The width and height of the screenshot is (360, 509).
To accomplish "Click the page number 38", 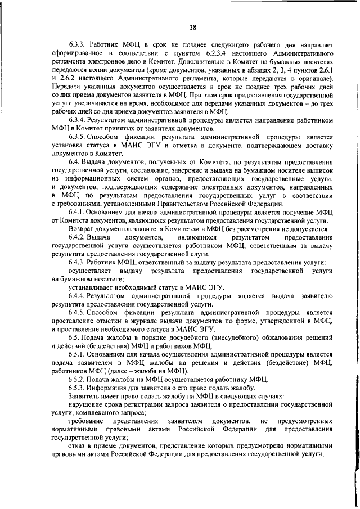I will point(192,26).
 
